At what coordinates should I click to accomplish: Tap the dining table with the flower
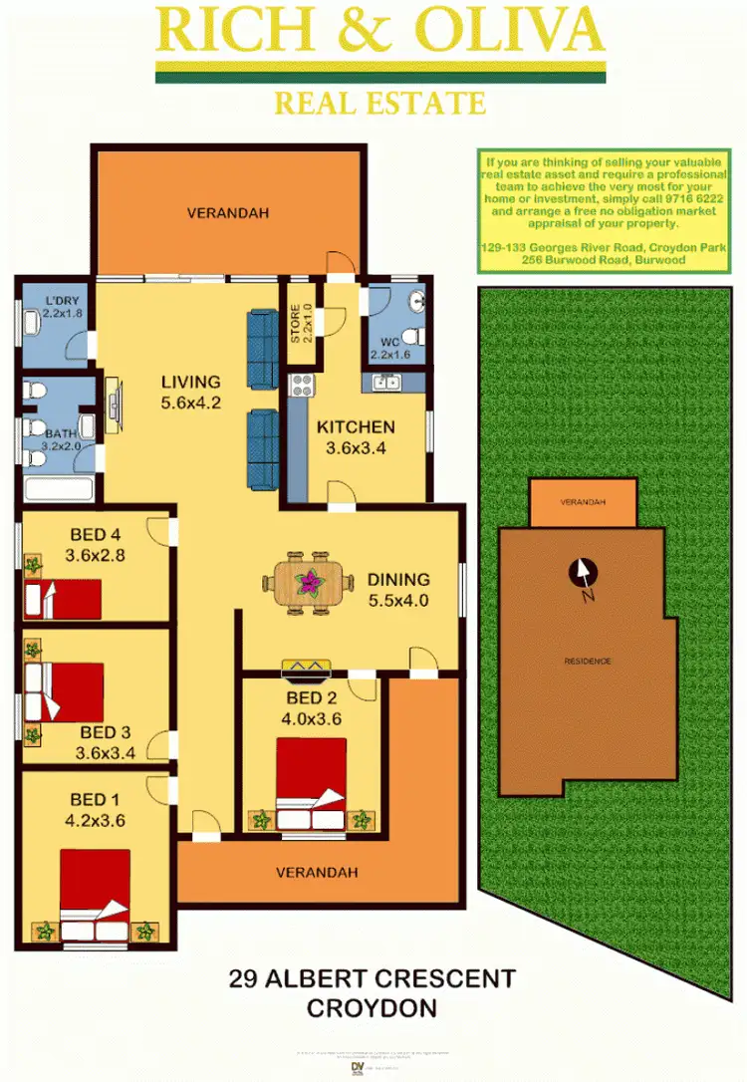tap(312, 580)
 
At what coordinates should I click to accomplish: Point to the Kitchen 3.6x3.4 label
tap(356, 437)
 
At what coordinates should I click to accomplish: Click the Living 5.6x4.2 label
tap(190, 393)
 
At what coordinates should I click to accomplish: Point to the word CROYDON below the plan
tap(373, 1008)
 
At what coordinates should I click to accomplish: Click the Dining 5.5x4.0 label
tap(398, 589)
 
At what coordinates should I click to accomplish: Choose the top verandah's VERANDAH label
tap(228, 213)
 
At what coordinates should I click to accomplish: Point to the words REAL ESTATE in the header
tap(379, 103)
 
